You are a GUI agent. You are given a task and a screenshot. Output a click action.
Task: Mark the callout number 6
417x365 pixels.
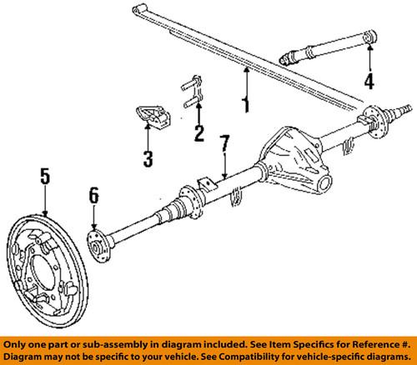tap(94, 196)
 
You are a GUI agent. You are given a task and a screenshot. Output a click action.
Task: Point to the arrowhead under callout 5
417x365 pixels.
tap(46, 213)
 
